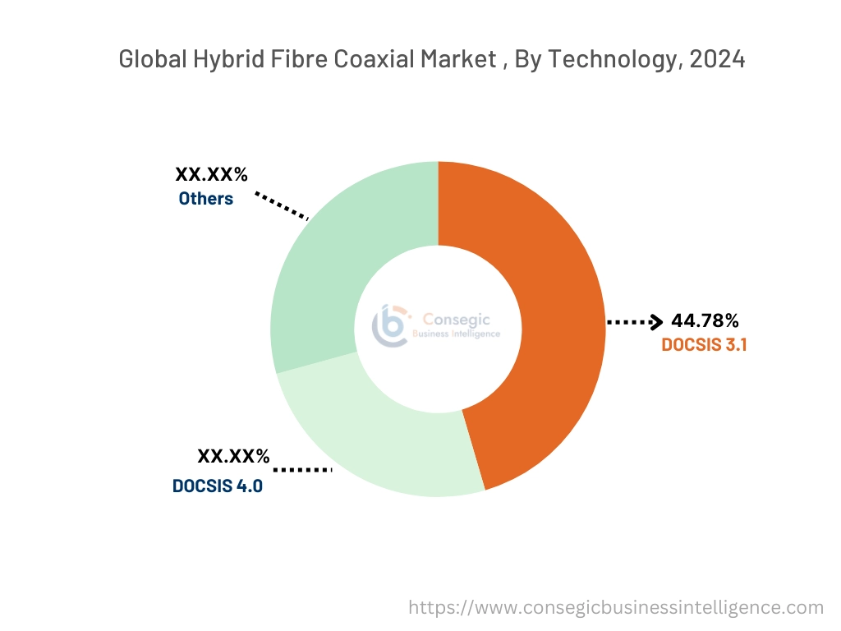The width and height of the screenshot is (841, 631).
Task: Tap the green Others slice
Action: pos(329,271)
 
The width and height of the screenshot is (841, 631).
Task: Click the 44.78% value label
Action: pos(705,320)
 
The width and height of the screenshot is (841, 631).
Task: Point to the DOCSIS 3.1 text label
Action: pos(704,345)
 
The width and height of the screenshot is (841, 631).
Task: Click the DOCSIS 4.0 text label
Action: pos(218,486)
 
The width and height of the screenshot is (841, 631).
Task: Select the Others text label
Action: pos(206,199)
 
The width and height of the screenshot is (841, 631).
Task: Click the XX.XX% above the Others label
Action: pos(211,174)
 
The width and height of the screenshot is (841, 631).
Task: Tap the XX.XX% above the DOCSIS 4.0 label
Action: pos(233,457)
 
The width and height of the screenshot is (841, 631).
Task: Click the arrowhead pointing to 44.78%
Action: pos(655,322)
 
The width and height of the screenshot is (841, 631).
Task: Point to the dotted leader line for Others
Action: pos(281,206)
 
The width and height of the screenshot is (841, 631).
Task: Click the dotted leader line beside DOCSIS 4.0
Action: pos(301,470)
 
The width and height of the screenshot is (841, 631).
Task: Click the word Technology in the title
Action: pos(610,60)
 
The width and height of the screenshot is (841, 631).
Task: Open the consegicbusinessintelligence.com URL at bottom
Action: pos(616,608)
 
